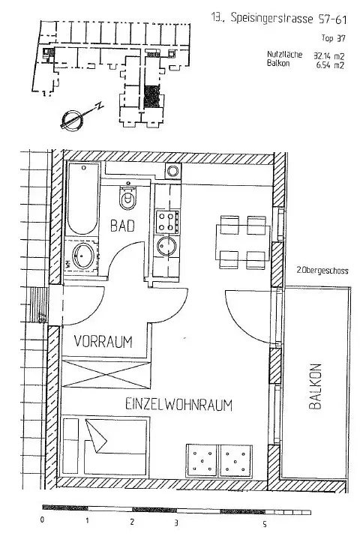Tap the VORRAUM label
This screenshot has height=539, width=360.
point(103,342)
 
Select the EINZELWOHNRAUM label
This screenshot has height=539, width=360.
point(179,406)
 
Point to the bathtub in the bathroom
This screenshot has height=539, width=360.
point(81,199)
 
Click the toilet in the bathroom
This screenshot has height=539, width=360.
point(127,199)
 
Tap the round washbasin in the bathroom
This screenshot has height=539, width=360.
point(82,255)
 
